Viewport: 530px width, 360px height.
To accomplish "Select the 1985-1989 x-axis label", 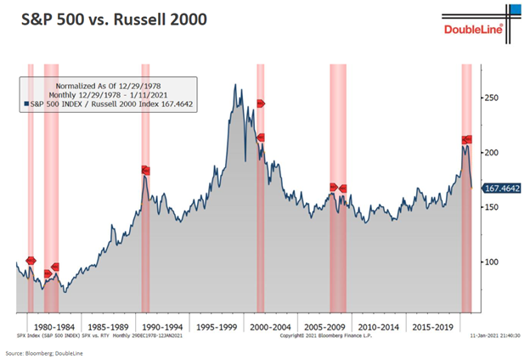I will [x=107, y=324].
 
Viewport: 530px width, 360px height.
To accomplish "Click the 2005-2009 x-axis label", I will [x=324, y=324].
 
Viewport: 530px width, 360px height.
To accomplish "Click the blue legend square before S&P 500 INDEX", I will [x=25, y=104].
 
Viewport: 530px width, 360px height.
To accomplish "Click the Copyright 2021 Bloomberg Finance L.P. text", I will [x=324, y=337].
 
